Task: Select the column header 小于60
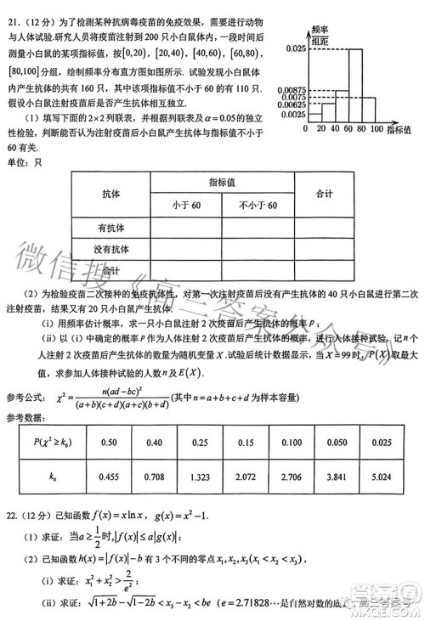(x=186, y=206)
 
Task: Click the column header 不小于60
(x=258, y=206)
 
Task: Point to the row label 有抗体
(x=111, y=228)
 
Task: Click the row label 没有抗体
(x=111, y=249)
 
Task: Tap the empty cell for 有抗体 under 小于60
(x=186, y=228)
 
